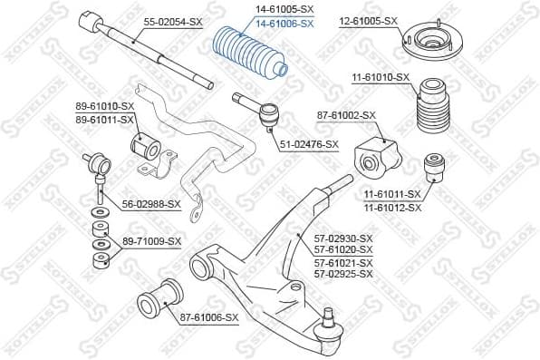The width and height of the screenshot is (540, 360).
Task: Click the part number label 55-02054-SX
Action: point(173,20)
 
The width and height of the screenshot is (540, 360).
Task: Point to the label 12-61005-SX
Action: point(368,20)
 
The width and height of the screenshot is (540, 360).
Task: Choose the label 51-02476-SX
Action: point(309,144)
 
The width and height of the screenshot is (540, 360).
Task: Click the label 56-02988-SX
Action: point(150,205)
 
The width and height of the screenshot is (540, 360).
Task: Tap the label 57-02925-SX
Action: point(342,273)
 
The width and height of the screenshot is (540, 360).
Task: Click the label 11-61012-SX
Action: point(392,208)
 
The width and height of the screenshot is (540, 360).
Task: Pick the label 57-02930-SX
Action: point(342,238)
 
